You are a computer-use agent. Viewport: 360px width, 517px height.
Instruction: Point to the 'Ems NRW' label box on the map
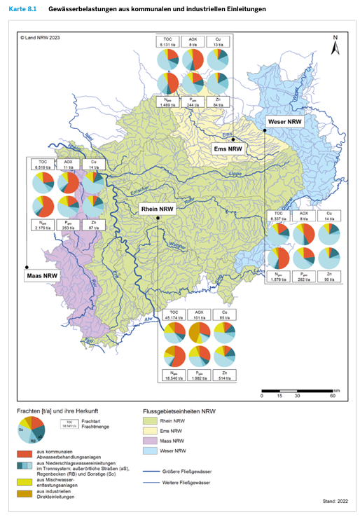click(x=228, y=149)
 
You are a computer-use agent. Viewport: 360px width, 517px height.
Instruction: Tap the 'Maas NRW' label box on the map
click(x=42, y=275)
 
